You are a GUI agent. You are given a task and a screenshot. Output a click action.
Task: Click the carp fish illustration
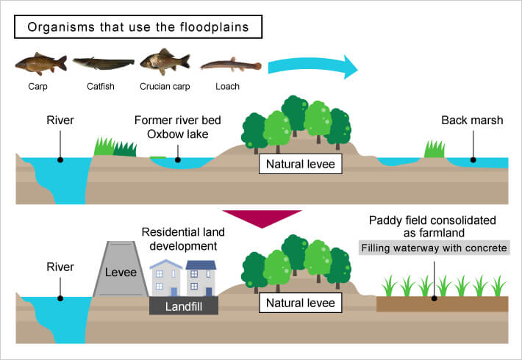(x=40, y=64)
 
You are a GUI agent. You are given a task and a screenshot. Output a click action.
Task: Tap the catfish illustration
(x=103, y=64)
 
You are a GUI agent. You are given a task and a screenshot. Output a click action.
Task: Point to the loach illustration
(x=230, y=66)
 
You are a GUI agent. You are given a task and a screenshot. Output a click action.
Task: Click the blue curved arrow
(x=311, y=67)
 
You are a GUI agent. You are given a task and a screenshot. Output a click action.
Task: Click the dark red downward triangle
(x=261, y=219)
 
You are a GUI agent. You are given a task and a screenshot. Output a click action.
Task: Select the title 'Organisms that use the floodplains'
(x=138, y=28)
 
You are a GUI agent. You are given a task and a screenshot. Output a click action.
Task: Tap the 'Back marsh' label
(x=472, y=120)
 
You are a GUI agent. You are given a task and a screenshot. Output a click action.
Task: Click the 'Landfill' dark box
(x=183, y=305)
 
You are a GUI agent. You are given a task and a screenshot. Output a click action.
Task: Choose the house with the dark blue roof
(x=201, y=278)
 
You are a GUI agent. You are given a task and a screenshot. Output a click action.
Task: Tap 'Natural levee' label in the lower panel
(x=301, y=303)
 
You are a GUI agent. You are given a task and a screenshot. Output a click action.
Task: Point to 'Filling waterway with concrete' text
(x=434, y=248)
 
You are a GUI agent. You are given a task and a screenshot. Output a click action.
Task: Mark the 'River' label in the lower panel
(x=60, y=267)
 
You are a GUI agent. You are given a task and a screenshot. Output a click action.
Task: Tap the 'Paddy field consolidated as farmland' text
(x=433, y=226)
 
